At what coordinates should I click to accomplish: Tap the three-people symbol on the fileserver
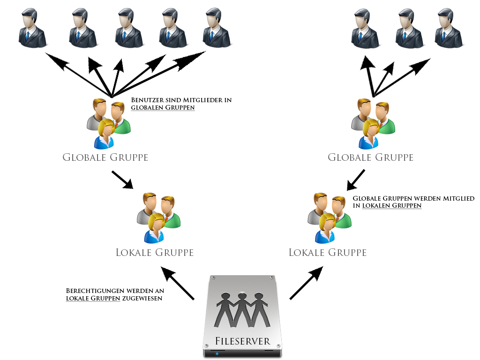pos(240,309)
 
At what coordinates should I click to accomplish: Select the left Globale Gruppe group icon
pos(108,123)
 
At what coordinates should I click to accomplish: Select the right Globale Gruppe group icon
pos(373,123)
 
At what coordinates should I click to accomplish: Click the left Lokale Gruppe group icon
pos(158,217)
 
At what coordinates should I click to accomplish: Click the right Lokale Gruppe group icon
pos(329,217)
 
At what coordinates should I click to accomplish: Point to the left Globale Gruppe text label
pos(105,157)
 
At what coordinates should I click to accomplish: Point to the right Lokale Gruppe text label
pos(327,253)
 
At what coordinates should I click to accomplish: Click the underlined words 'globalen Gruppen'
pos(163,107)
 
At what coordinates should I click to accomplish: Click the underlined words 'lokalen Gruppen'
pos(392,206)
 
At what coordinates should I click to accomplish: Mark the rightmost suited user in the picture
pos(450,28)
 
